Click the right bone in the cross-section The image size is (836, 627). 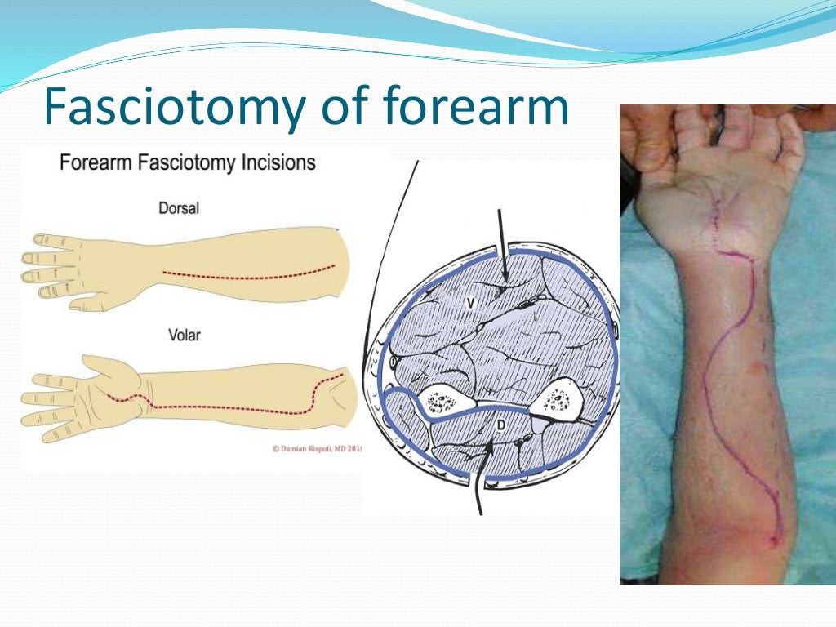pyautogui.click(x=558, y=400)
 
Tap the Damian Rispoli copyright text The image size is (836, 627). pyautogui.click(x=314, y=448)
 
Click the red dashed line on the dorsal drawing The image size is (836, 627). pyautogui.click(x=245, y=275)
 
